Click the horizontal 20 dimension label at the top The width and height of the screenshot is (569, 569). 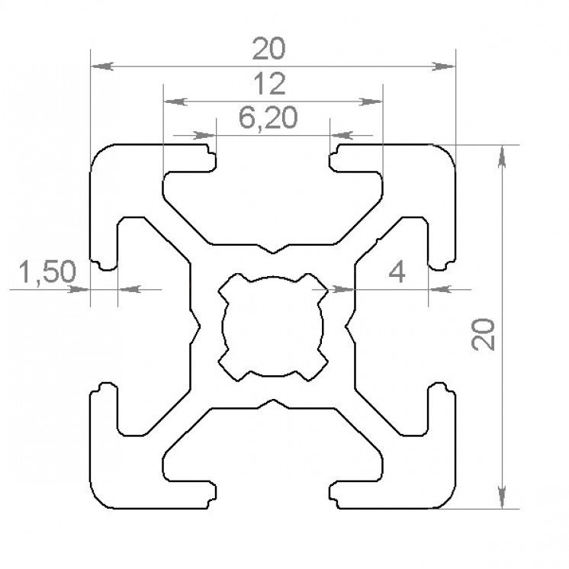(269, 49)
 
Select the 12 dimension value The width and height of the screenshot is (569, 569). (269, 84)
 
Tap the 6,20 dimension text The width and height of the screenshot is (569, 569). (268, 118)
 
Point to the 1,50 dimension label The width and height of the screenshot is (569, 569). (47, 272)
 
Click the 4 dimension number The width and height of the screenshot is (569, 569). (397, 272)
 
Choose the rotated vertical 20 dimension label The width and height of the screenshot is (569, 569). (483, 335)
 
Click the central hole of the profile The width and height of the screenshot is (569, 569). (273, 327)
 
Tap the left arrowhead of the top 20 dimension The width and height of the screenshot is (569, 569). (102, 66)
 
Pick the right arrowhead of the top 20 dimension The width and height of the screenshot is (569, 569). (443, 66)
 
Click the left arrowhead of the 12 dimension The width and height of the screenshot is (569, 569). (175, 101)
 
